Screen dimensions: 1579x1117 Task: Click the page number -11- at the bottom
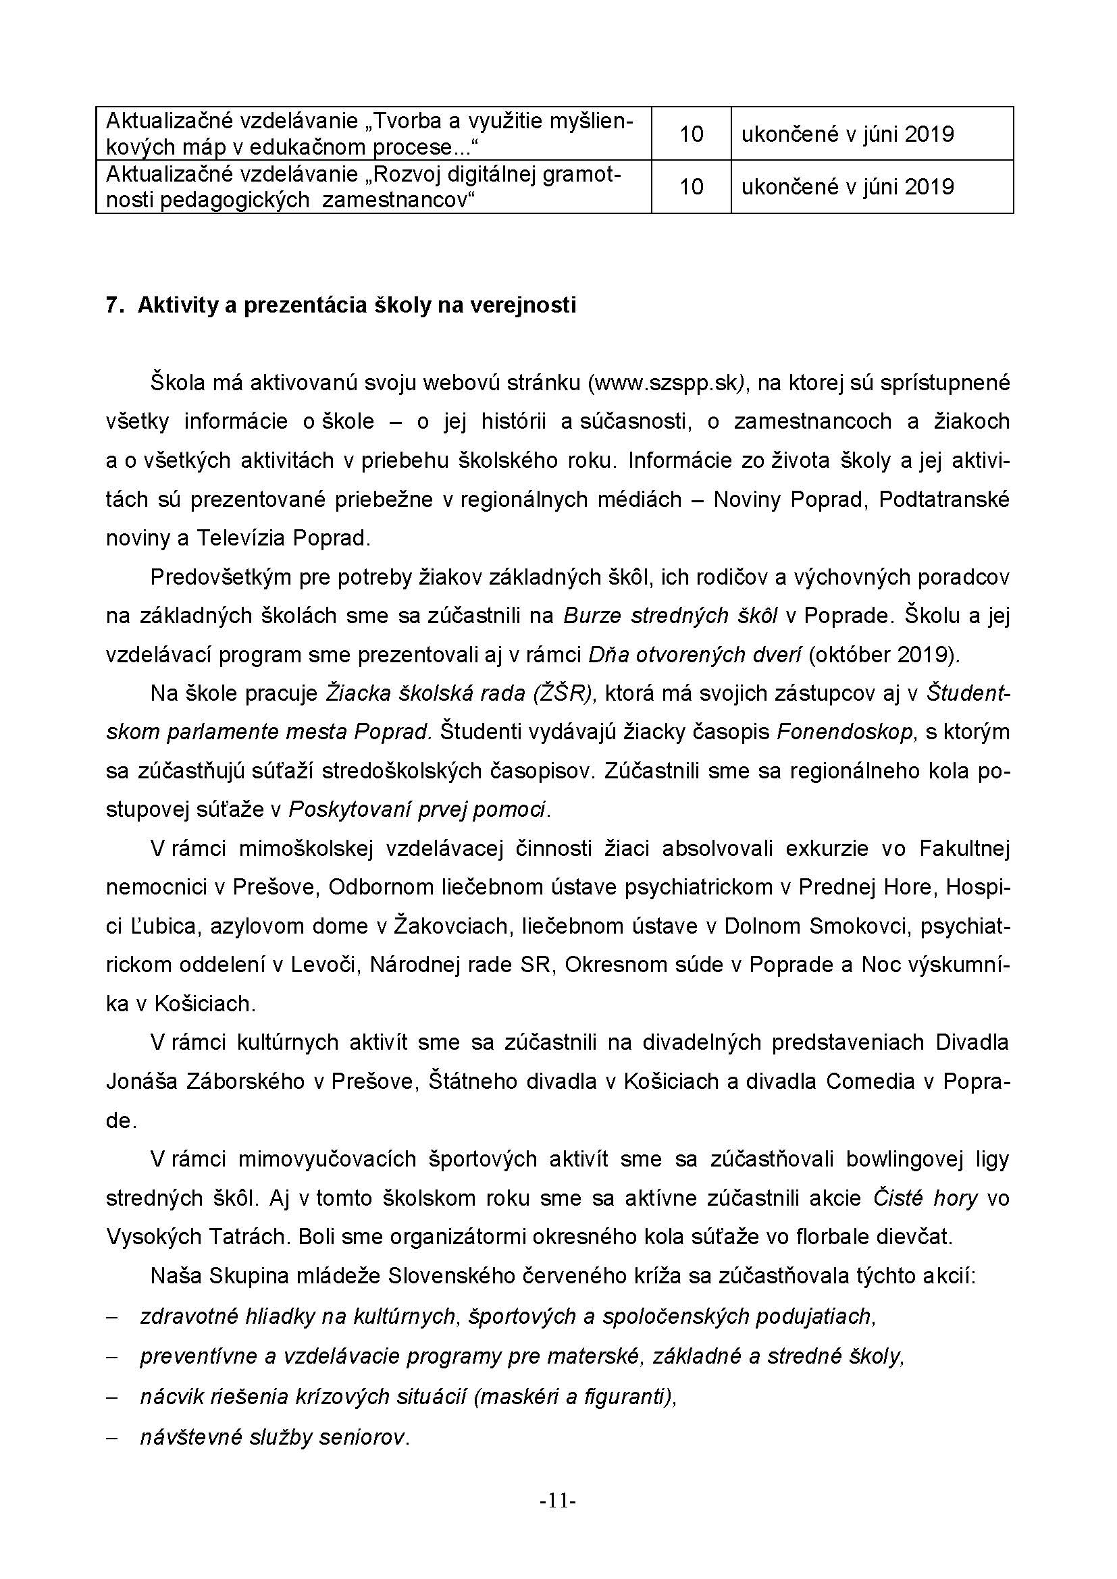[558, 1501]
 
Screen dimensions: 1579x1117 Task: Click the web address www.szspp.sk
[665, 383]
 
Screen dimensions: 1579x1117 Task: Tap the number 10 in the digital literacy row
[691, 187]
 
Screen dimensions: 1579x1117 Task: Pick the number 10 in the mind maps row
[691, 134]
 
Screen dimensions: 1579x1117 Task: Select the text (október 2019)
[884, 655]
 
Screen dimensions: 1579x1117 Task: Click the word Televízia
[239, 538]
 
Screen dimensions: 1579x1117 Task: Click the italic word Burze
[593, 616]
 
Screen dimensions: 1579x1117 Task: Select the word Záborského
[246, 1081]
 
